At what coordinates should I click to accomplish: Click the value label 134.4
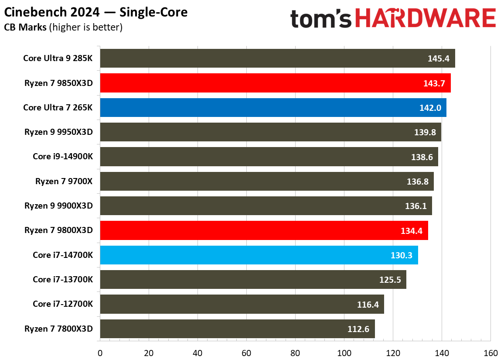412,231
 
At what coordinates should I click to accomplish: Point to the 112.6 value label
358,329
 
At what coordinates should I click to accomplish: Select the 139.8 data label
425,132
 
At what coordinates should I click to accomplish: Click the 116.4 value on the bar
368,305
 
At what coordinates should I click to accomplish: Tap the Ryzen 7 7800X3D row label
59,329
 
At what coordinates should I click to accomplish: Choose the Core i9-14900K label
63,157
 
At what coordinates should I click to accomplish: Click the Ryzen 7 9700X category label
64,181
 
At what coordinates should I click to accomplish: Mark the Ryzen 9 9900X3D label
59,206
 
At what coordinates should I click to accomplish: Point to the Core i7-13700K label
63,279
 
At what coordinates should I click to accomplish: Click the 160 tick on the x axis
490,353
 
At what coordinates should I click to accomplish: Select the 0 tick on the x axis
100,353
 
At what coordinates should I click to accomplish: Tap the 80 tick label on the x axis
295,353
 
